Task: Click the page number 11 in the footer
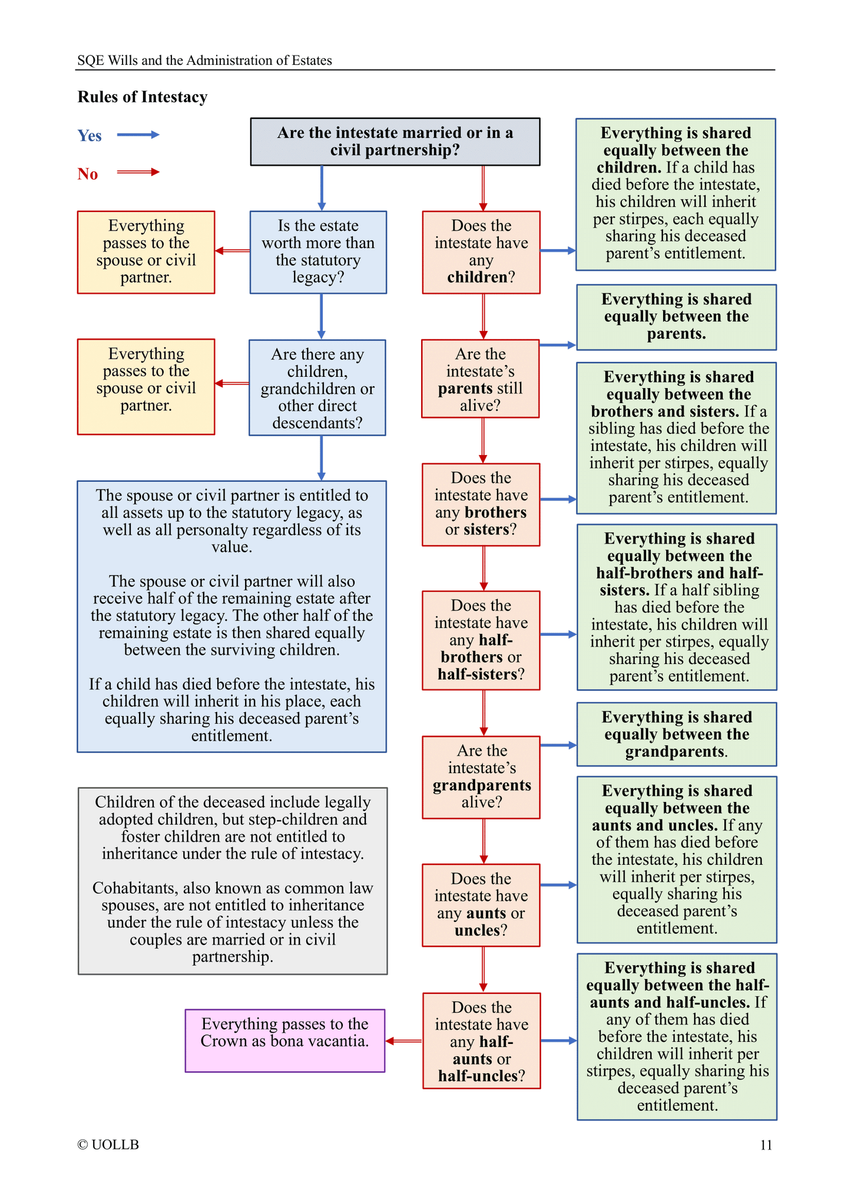click(766, 1145)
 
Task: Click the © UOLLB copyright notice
click(108, 1145)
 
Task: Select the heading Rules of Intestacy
click(143, 97)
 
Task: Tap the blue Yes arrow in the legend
click(138, 135)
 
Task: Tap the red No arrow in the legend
click(138, 172)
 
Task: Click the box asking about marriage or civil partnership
click(395, 141)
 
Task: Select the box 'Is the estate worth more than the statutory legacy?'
click(318, 252)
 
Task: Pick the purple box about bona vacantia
click(285, 1040)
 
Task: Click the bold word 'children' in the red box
click(476, 277)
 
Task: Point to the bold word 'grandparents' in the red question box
click(482, 785)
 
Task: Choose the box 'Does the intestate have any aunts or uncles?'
click(481, 905)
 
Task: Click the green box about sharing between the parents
click(676, 317)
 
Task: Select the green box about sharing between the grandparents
click(676, 734)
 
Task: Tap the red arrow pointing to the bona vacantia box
click(404, 1041)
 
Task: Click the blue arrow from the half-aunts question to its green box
click(558, 1041)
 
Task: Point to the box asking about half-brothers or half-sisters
click(481, 640)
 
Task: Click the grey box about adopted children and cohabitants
click(233, 881)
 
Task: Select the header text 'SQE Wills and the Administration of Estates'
click(205, 61)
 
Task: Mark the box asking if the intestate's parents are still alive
click(481, 379)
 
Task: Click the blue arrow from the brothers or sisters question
click(558, 499)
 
